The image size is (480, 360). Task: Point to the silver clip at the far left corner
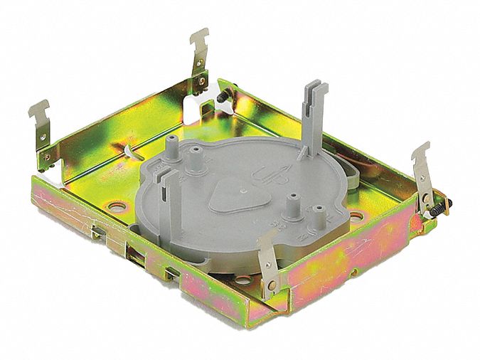coord(43,128)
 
